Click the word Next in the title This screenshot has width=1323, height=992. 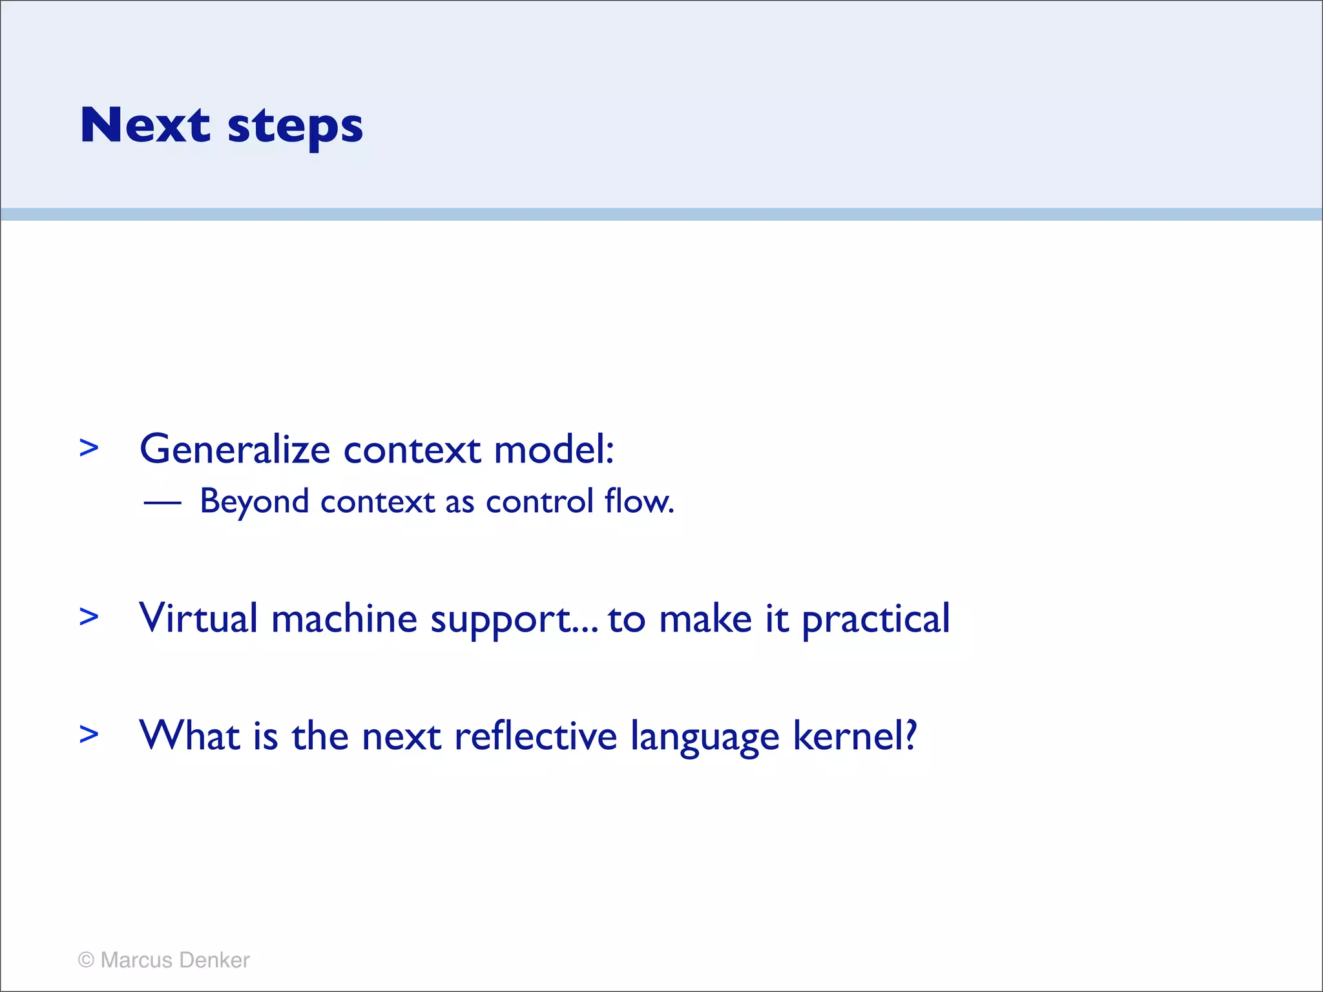coord(145,125)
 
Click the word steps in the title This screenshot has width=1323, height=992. coord(295,127)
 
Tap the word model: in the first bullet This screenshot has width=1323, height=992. coord(554,449)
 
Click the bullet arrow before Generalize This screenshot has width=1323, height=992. coord(89,448)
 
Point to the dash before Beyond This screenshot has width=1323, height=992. coord(162,502)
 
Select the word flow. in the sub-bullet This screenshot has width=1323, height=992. coord(640,502)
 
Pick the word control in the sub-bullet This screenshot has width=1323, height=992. coord(539,502)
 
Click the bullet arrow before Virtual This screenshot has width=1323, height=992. coord(89,617)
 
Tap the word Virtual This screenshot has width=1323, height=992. coord(198,619)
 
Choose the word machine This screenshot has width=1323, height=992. coord(344,619)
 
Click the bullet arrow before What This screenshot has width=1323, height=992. coord(89,734)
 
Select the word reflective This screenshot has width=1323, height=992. coord(536,736)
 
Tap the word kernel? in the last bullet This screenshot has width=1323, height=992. coord(855,736)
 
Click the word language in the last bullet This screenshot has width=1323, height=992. coord(705,738)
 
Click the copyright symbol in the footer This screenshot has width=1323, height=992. coord(86,960)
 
